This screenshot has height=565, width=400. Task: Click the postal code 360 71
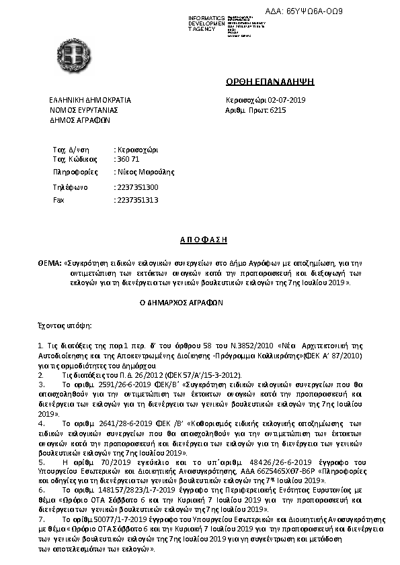coord(128,159)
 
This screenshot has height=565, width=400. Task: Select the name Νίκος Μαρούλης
coord(145,172)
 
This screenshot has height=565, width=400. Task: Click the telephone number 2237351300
coord(138,187)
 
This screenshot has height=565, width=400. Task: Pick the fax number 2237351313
coord(138,200)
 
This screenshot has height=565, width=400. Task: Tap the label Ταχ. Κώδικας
coord(71,159)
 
